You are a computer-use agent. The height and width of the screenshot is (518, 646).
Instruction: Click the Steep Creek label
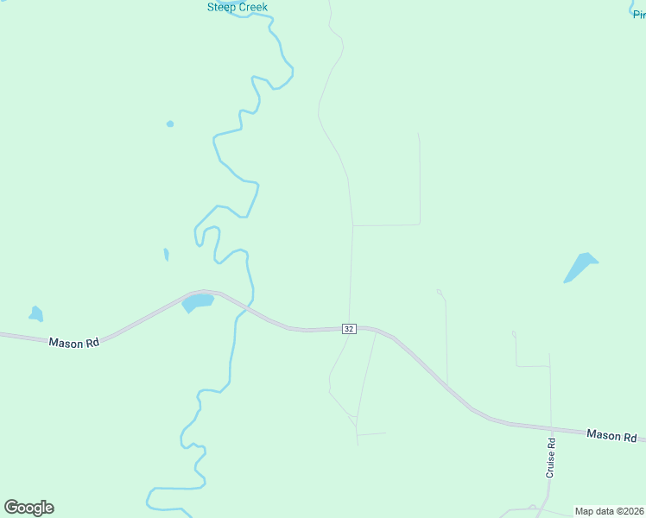[237, 7]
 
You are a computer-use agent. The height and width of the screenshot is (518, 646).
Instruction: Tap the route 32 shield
[349, 329]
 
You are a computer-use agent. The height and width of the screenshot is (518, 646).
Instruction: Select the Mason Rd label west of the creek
[73, 343]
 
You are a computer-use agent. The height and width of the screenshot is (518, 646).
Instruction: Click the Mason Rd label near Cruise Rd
[611, 435]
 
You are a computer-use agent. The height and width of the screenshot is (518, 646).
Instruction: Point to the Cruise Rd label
[550, 458]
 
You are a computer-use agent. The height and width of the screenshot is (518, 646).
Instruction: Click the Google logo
[28, 508]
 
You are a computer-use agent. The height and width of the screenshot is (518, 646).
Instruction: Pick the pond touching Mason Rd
[198, 302]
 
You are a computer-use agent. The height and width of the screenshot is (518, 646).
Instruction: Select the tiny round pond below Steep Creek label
[170, 123]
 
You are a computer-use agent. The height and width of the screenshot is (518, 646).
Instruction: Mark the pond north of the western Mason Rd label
[35, 314]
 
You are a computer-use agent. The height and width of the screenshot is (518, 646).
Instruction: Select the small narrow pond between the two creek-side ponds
[166, 255]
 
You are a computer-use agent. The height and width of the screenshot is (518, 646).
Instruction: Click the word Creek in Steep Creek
[252, 7]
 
